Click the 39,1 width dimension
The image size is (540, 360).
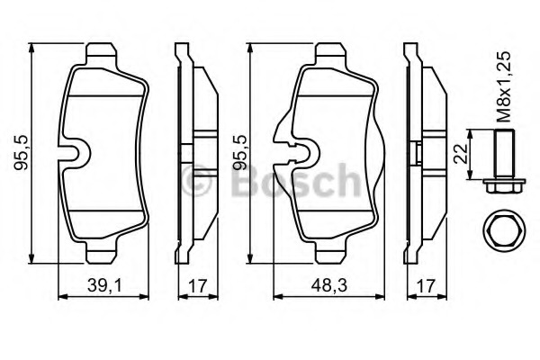pos(104,285)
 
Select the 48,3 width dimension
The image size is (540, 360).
pos(328,285)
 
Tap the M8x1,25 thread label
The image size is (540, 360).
pos(503,86)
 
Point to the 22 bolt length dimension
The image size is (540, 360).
pos(461,153)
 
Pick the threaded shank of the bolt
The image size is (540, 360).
pos(504,154)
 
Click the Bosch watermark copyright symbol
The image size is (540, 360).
pos(196,181)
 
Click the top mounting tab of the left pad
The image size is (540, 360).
pos(101,52)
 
